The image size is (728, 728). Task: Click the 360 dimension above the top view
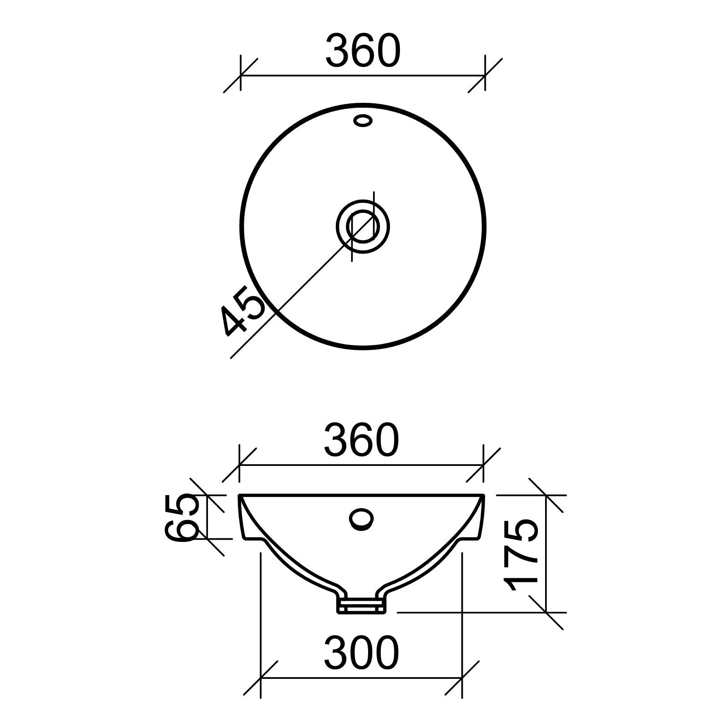point(363,51)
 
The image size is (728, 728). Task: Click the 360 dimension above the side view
point(362,440)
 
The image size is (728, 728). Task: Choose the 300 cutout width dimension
point(362,653)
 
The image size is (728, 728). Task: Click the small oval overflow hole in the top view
point(363,121)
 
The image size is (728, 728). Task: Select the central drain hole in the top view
point(363,227)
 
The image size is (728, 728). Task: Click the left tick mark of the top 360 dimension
point(240,76)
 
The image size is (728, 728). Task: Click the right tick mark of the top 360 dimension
point(485,76)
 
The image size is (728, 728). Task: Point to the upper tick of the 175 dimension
point(546,495)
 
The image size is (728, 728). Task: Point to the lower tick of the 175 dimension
point(546,612)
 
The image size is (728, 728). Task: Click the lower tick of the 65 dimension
point(207,538)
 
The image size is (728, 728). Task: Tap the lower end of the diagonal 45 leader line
point(232,357)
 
